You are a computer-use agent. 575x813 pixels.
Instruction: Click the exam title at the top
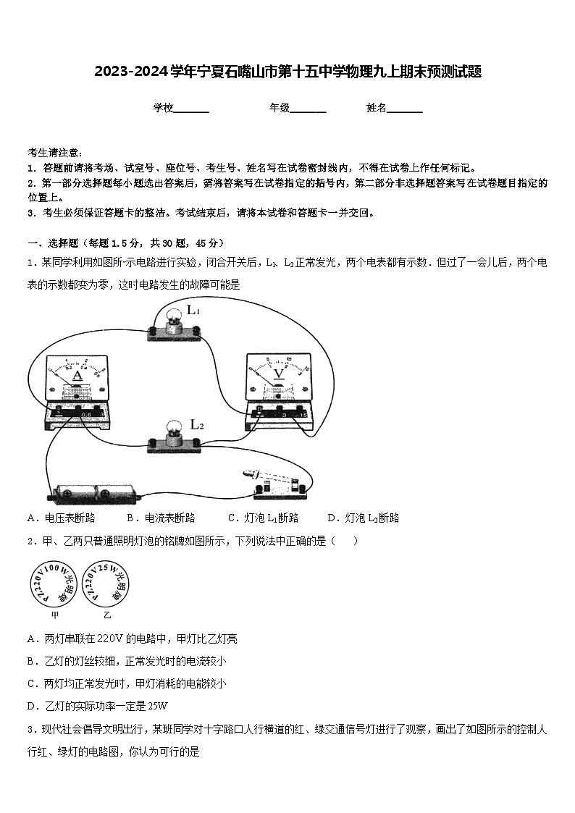[287, 72]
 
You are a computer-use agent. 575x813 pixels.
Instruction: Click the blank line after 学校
[191, 109]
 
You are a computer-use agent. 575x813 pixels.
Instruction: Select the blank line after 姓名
[405, 109]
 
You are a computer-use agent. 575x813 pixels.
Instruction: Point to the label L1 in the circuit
[193, 311]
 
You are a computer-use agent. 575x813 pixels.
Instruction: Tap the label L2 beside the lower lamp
[196, 425]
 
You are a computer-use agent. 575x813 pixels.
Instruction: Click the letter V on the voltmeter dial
[278, 374]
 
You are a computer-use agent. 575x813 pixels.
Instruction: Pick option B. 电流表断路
[161, 518]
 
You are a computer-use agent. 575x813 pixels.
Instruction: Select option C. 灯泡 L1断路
[263, 518]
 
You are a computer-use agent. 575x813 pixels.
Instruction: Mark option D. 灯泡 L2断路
[363, 518]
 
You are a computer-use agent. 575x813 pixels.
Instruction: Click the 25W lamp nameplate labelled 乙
[107, 584]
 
